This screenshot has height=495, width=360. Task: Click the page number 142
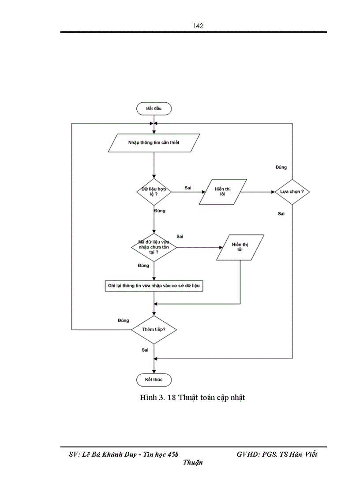[x=198, y=26]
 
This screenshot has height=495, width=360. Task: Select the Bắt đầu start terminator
[x=154, y=108]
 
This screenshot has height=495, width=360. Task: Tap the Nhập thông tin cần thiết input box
[x=154, y=143]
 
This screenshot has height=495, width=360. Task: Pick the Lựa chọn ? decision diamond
[x=292, y=192]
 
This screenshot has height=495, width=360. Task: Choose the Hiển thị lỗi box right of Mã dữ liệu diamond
[x=240, y=247]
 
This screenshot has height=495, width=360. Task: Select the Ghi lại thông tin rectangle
[x=154, y=286]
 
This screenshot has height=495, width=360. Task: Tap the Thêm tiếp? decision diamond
[x=154, y=330]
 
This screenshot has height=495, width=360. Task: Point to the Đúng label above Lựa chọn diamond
[x=281, y=167]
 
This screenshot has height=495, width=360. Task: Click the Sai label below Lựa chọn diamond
[x=281, y=214]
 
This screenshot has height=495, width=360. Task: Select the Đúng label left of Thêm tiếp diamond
[x=124, y=320]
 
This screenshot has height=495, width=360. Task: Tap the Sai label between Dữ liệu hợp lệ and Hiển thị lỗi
[x=188, y=188]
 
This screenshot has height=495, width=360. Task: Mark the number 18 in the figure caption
[x=172, y=398]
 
